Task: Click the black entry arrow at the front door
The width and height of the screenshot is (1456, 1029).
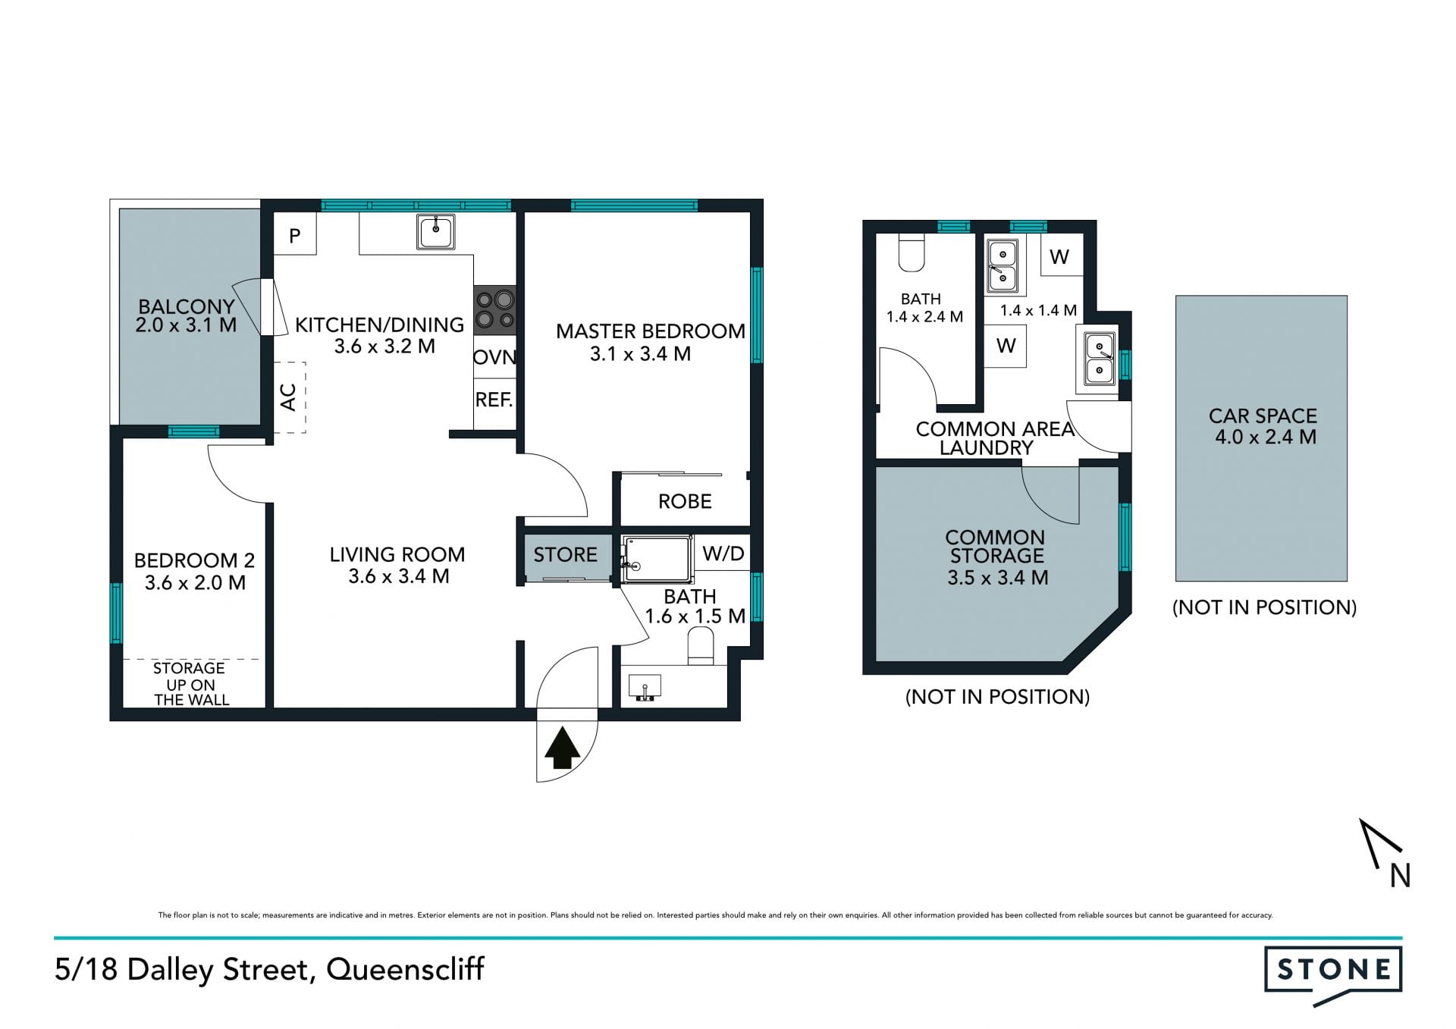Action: coord(563,748)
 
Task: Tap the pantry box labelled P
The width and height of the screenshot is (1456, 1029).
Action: coord(295,234)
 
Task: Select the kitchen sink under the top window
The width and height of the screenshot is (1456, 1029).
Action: coord(436,231)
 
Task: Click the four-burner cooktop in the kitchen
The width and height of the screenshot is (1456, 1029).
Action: coord(495,310)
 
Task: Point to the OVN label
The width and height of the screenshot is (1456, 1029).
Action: coord(495,357)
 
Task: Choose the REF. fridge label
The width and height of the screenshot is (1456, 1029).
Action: coord(494,400)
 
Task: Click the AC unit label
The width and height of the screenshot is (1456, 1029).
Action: coord(288,397)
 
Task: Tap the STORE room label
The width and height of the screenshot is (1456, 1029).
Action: coord(565,554)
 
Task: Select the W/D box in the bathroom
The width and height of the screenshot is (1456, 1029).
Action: coord(723,554)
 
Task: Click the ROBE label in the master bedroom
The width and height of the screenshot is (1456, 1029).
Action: coord(685,501)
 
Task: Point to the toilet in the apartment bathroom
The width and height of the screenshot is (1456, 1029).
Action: coord(701,648)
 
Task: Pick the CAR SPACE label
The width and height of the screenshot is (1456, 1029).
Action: coord(1263,416)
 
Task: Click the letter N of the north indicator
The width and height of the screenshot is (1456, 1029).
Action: coord(1400,876)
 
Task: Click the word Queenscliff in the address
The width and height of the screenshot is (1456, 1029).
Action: coord(406,970)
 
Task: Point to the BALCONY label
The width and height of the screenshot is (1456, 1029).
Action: coord(187,307)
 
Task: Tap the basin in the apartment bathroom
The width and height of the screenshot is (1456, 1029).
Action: coord(645,687)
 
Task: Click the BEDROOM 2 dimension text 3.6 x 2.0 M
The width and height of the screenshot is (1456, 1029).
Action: coord(195,583)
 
